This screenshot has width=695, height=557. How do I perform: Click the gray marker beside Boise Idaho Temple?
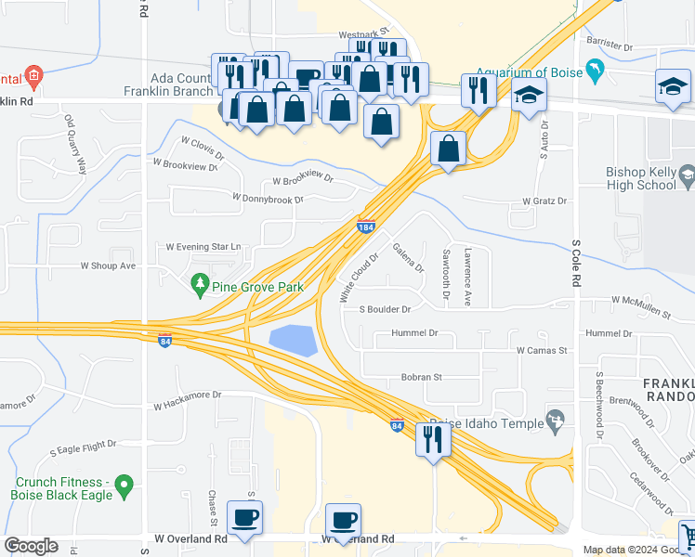pyautogui.click(x=557, y=421)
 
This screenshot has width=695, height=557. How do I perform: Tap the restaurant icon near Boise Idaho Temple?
pyautogui.click(x=433, y=439)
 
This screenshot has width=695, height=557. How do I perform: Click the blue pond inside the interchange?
pyautogui.click(x=293, y=340)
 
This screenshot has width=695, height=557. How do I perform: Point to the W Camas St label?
pyautogui.click(x=541, y=351)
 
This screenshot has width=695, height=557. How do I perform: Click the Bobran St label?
pyautogui.click(x=420, y=378)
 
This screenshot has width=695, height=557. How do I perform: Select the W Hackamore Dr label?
pyautogui.click(x=188, y=399)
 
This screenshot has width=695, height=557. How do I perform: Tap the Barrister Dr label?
pyautogui.click(x=609, y=45)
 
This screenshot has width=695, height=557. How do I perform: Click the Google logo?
pyautogui.click(x=32, y=546)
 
